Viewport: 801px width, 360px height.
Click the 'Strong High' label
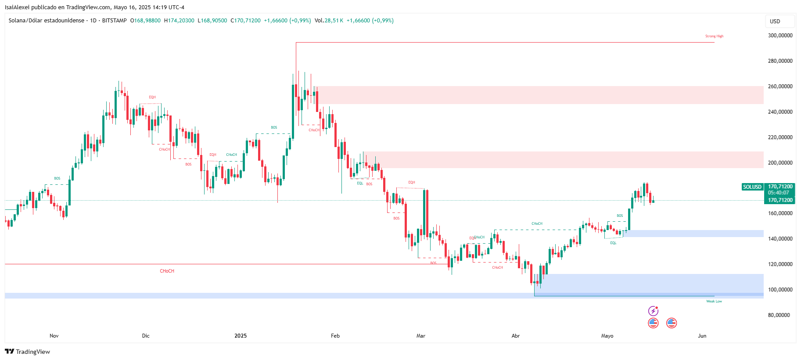714,36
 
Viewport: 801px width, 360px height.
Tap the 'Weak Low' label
714,301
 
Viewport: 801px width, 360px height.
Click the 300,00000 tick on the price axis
780,36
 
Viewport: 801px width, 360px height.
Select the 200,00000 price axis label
780,163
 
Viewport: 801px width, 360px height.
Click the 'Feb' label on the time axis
335,336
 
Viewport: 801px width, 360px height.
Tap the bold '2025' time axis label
241,336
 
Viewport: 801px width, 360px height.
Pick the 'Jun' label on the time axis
702,336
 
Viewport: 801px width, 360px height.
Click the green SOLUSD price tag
752,187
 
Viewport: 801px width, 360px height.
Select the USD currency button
775,22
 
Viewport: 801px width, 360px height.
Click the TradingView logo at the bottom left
27,352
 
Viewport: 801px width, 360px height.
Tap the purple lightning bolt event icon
653,311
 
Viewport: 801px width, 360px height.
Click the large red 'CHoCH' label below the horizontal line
167,271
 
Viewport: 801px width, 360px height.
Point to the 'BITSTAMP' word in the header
114,21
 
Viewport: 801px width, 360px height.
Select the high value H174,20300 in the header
179,21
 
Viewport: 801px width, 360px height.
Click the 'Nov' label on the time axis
54,336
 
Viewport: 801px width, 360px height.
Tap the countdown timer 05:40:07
779,193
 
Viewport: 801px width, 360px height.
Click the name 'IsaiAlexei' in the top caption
18,7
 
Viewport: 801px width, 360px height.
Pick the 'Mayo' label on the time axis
607,336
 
